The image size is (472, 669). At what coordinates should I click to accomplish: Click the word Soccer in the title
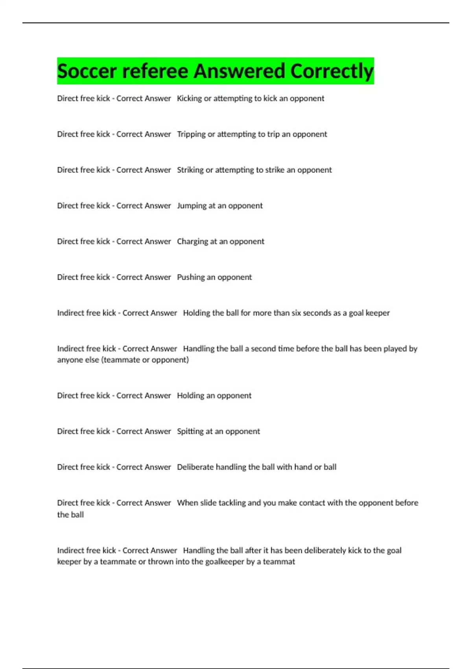click(x=87, y=71)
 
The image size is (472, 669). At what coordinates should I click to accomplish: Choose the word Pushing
click(x=191, y=277)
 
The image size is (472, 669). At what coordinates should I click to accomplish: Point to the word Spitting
click(x=190, y=431)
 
